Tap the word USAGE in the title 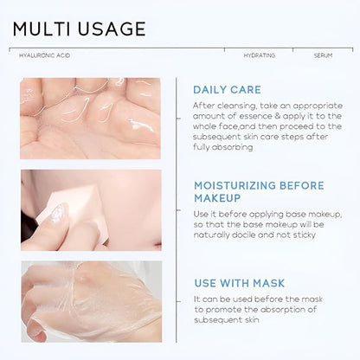tap(112, 29)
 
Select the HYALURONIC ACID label tap(45, 55)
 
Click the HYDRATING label tap(260, 55)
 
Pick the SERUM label tap(323, 55)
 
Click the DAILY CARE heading tap(227, 90)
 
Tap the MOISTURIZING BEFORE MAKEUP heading tap(259, 192)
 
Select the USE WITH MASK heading tap(240, 283)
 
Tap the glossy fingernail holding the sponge tap(57, 212)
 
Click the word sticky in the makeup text tap(304, 235)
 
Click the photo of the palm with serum tap(90, 119)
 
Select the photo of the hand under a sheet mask tap(92, 302)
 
